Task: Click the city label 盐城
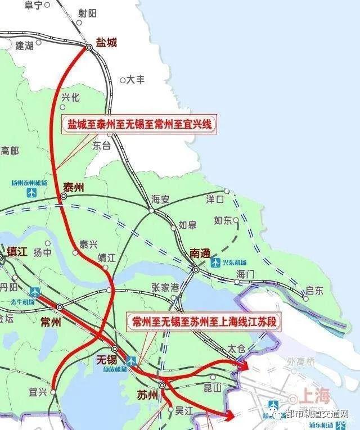pyautogui.click(x=106, y=42)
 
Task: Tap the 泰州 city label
pyautogui.click(x=74, y=187)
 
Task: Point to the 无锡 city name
pyautogui.click(x=107, y=359)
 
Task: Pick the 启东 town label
pyautogui.click(x=314, y=291)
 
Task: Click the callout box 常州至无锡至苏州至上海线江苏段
pyautogui.click(x=205, y=322)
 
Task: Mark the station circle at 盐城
pyautogui.click(x=89, y=48)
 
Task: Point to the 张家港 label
pyautogui.click(x=165, y=287)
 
